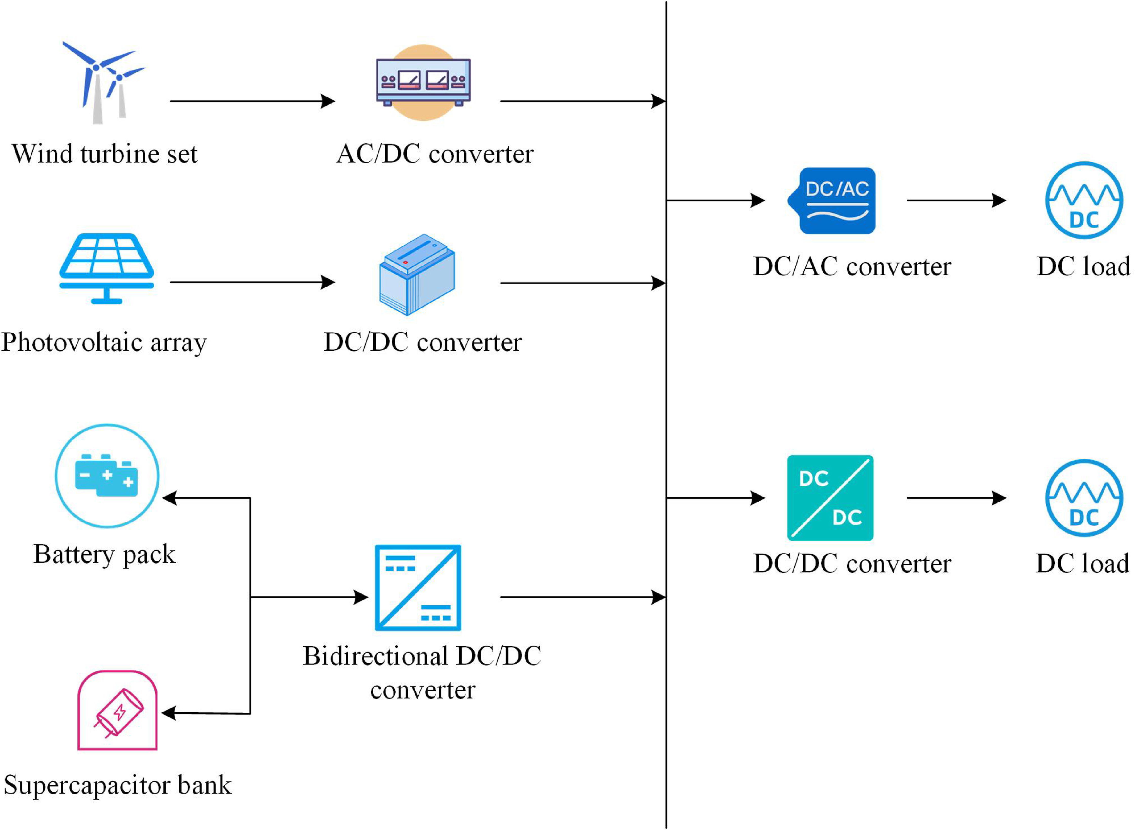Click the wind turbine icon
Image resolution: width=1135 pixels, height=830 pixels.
pos(104,83)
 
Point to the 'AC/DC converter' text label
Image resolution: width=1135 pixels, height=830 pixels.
pos(435,154)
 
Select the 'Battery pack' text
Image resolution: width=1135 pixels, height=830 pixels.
pos(104,554)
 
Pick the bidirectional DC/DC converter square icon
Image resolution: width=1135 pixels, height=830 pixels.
pos(418,587)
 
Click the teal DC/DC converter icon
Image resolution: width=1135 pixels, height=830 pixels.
pos(830,497)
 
